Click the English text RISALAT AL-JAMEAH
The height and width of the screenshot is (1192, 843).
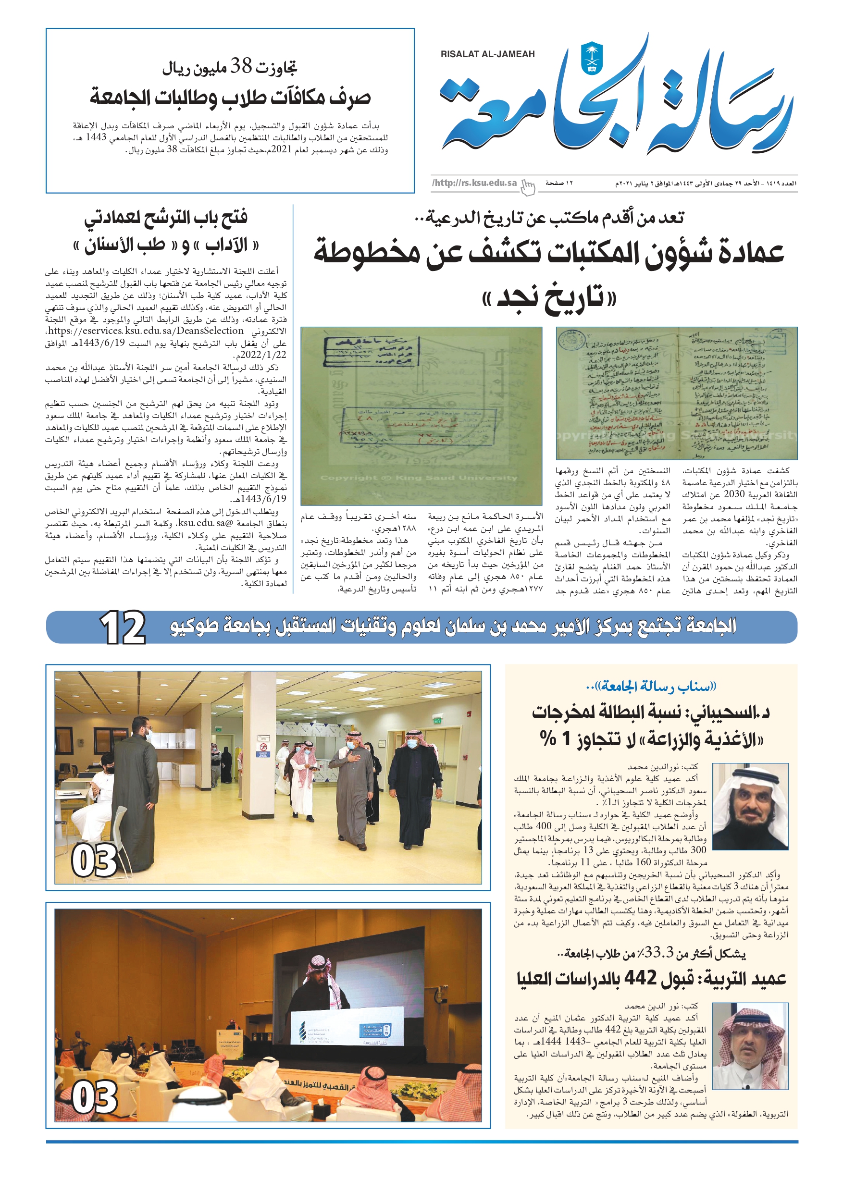[487, 54]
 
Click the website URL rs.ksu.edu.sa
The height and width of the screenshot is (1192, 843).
[475, 183]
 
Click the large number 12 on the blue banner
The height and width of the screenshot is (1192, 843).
[123, 627]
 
